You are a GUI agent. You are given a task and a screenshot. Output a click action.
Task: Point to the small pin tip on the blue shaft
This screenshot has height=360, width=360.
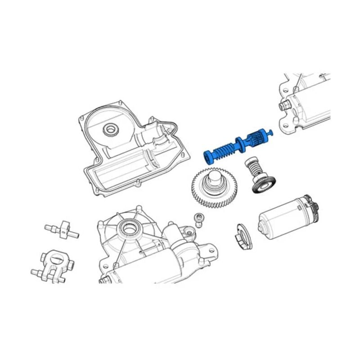pos(270,131)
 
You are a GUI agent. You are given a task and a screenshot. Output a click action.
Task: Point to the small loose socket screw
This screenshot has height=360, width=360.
pos(198,219)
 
